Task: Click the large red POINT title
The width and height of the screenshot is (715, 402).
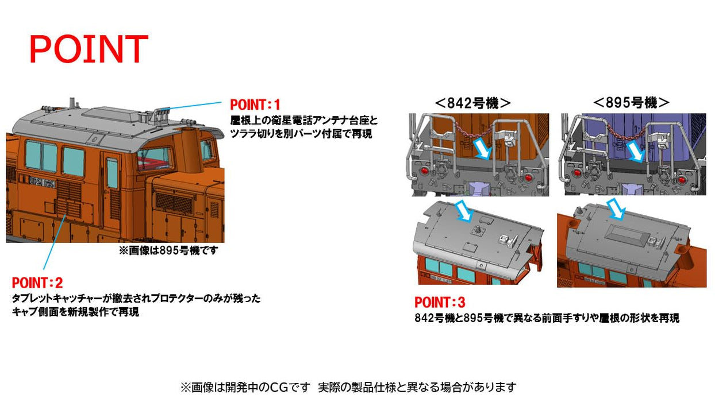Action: pos(89,49)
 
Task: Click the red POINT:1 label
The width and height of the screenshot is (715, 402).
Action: pos(255,105)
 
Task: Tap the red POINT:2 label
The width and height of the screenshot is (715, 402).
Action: pos(37,283)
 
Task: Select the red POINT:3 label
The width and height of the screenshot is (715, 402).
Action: pos(440,302)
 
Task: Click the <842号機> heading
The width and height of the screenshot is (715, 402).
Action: pos(472,103)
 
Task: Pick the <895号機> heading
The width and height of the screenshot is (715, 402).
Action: pos(631,103)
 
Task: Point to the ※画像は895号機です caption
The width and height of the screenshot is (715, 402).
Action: pos(168,250)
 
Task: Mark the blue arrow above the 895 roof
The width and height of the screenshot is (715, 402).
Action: pos(616,209)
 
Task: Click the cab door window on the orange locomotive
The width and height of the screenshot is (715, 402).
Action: pos(112,173)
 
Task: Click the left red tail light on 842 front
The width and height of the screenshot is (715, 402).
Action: pos(425,170)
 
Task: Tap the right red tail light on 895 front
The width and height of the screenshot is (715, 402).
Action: pos(682,180)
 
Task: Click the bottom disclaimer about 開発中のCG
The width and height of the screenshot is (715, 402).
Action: pos(348,387)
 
